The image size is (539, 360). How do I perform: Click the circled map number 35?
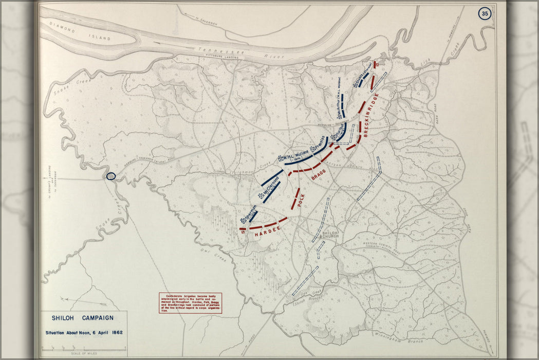click(x=485, y=14)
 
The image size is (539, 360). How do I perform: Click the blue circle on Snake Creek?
click(x=110, y=176)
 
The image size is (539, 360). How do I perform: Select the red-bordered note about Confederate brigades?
click(x=190, y=303)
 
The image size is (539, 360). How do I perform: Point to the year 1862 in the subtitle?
click(x=116, y=332)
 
